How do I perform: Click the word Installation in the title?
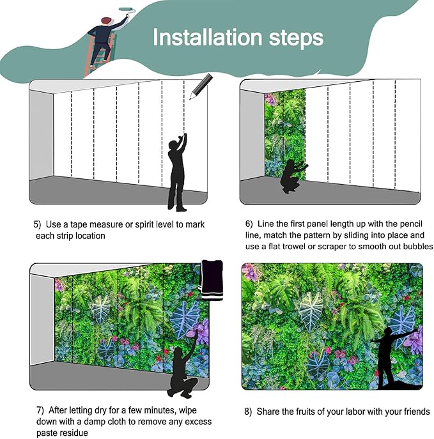tap(208, 37)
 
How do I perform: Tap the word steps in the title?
tap(296, 38)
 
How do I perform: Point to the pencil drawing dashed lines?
tap(201, 86)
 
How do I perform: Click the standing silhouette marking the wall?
tap(177, 172)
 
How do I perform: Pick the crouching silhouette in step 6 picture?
tap(293, 176)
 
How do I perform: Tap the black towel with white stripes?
tap(212, 280)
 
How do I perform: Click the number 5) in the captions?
tap(37, 224)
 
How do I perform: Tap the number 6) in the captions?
tap(249, 224)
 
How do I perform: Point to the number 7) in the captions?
tap(40, 410)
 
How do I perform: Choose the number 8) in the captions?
tap(248, 412)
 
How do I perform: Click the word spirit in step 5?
tap(146, 225)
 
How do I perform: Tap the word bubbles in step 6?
tap(418, 247)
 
